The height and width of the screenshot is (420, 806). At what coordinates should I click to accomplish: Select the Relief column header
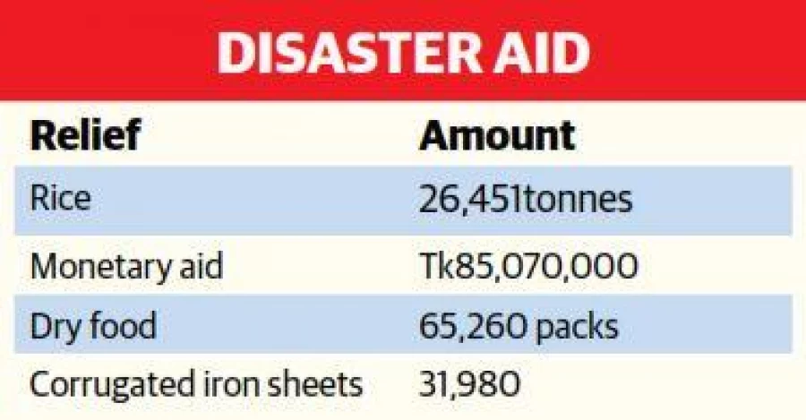pyautogui.click(x=85, y=134)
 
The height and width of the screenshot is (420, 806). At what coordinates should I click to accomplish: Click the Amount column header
pyautogui.click(x=497, y=135)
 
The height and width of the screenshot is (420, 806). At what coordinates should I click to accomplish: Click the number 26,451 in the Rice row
pyautogui.click(x=469, y=199)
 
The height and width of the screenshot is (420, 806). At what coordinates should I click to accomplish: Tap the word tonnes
pyautogui.click(x=576, y=199)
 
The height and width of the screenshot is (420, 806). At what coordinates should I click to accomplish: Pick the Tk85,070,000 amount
pyautogui.click(x=528, y=266)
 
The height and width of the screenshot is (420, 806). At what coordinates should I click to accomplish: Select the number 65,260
pyautogui.click(x=472, y=326)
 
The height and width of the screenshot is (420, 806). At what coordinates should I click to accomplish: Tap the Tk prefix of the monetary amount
pyautogui.click(x=436, y=266)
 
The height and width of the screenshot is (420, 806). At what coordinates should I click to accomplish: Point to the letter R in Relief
pyautogui.click(x=43, y=135)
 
